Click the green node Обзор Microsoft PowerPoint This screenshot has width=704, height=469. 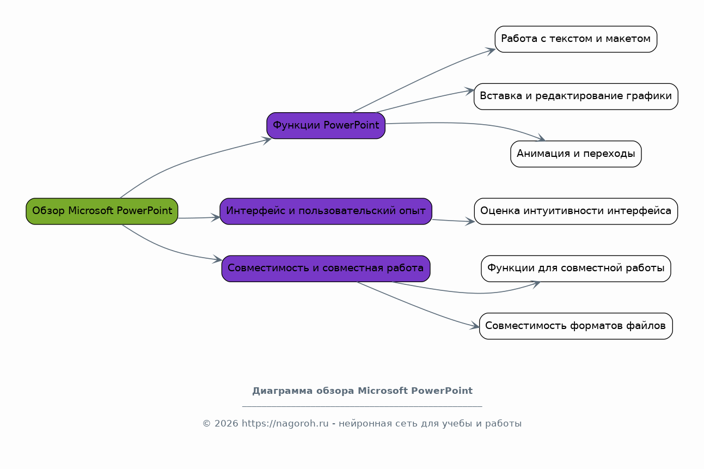[x=102, y=211]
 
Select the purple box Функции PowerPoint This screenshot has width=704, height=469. [x=326, y=125]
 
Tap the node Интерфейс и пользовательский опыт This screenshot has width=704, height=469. [x=326, y=211]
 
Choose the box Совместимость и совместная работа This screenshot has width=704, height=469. [x=326, y=269]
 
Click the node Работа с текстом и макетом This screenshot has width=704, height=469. [x=576, y=39]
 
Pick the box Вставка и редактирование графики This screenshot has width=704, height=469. [x=576, y=96]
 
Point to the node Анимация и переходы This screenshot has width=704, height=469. [x=576, y=154]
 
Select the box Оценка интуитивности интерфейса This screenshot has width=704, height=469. [x=576, y=211]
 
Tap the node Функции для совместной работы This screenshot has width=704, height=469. [x=576, y=269]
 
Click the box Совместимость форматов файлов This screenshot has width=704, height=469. [x=576, y=326]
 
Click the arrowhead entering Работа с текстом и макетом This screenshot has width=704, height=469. [x=490, y=51]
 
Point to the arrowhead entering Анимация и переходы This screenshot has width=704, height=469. [x=540, y=138]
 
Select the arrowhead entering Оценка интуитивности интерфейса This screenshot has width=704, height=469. [x=469, y=222]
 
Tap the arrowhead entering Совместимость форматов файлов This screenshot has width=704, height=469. [x=474, y=326]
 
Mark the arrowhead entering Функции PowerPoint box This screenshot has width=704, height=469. [x=266, y=140]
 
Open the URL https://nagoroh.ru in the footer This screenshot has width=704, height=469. [x=285, y=423]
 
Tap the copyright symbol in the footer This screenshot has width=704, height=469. [x=206, y=424]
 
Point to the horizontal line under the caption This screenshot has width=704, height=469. [x=362, y=407]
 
